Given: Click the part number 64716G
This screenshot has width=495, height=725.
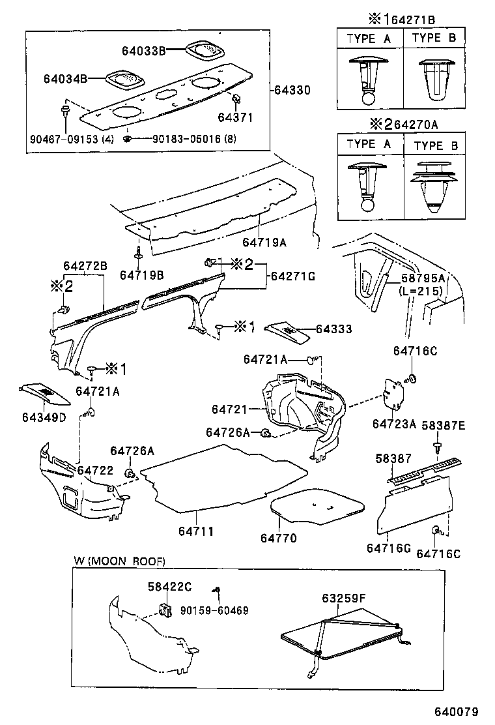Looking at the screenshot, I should (388, 548).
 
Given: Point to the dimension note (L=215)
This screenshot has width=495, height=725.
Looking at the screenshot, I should (422, 290).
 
